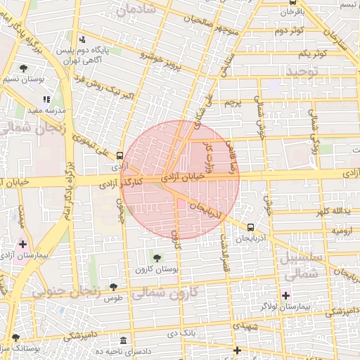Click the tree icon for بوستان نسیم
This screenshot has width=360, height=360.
pyautogui.click(x=25, y=69)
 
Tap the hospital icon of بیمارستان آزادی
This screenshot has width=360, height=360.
pyautogui.click(x=24, y=245)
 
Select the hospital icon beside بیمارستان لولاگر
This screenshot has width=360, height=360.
pyautogui.click(x=285, y=295)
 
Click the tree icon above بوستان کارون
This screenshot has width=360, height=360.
pyautogui.click(x=157, y=259)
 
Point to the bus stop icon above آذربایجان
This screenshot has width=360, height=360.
pyautogui.click(x=252, y=227)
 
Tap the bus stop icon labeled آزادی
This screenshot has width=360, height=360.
pyautogui.click(x=120, y=155)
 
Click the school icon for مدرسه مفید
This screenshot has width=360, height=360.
pyautogui.click(x=47, y=100)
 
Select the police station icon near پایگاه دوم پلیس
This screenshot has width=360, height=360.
pyautogui.click(x=83, y=39)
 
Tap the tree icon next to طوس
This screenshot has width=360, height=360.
pyautogui.click(x=113, y=287)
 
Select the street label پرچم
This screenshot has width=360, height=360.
pyautogui.click(x=233, y=103)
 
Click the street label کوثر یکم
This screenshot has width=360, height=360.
pyautogui.click(x=313, y=54)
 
